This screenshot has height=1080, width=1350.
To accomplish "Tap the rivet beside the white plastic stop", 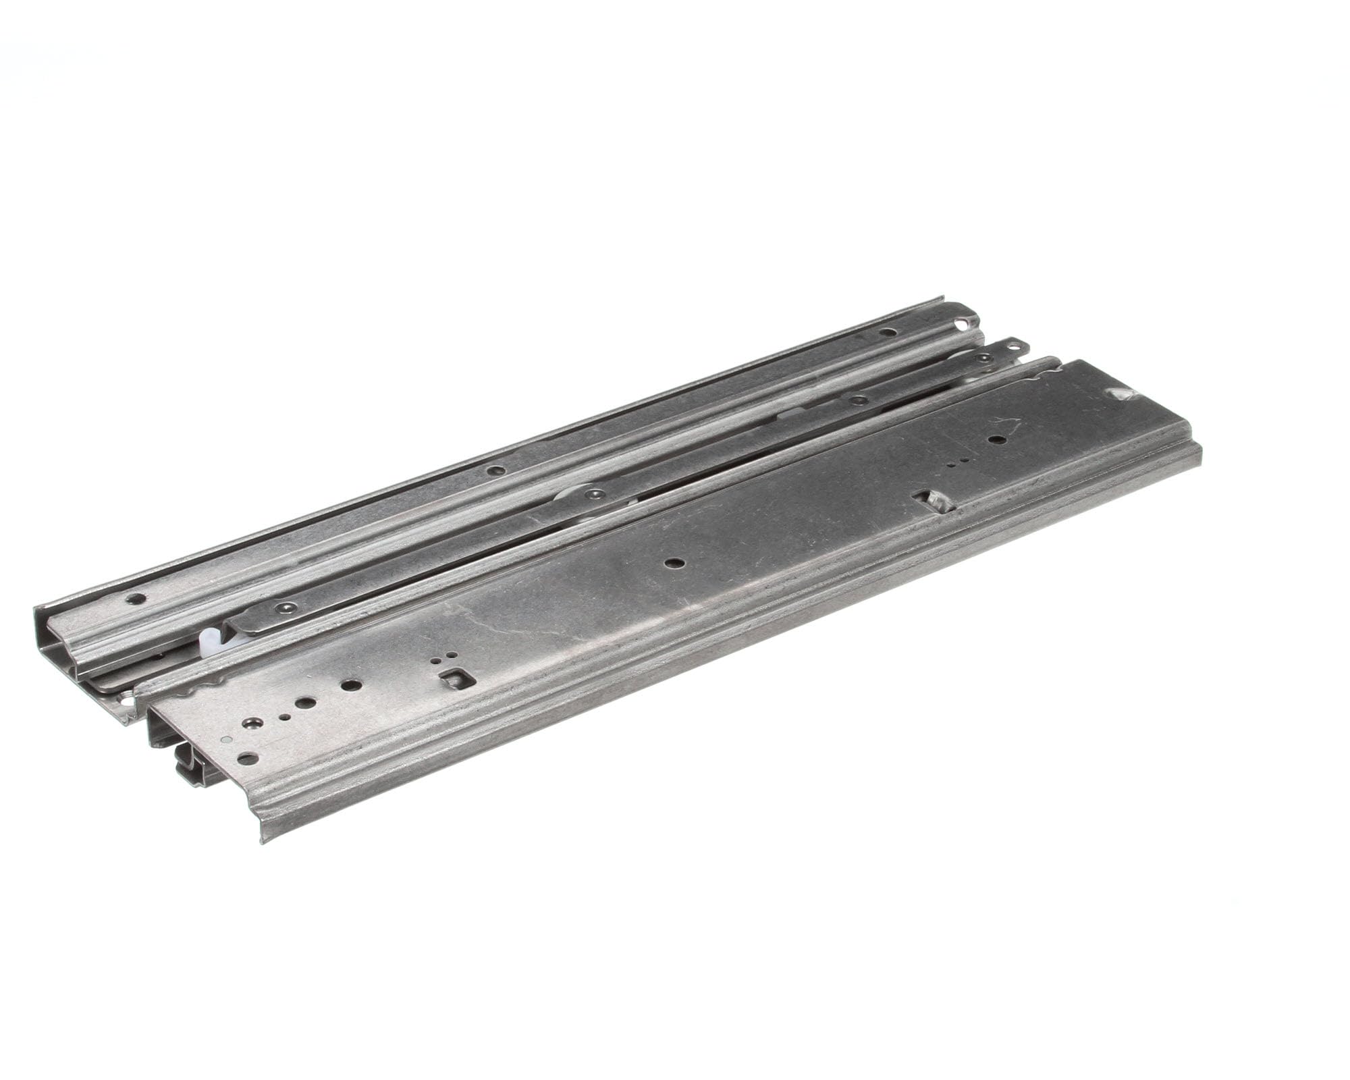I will tap(288, 607).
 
